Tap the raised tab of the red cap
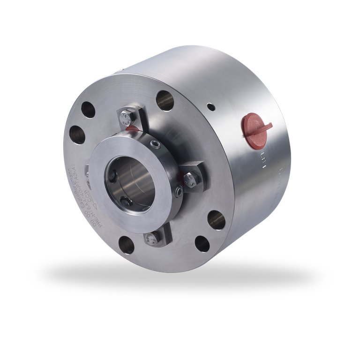pyautogui.click(x=263, y=126)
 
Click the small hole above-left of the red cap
pyautogui.click(x=211, y=107)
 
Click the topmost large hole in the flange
pyautogui.click(x=165, y=100)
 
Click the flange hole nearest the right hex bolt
pyautogui.click(x=216, y=220)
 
